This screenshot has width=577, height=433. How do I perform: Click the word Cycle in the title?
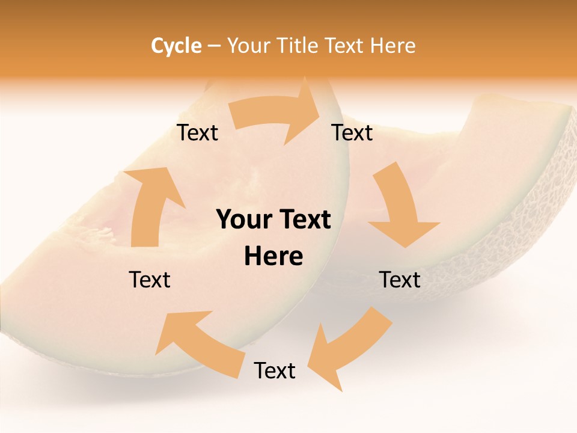point(176,46)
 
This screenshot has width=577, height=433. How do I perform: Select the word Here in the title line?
point(392,46)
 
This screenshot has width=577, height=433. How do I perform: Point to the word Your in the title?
point(248,46)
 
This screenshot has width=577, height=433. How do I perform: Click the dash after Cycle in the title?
point(214,46)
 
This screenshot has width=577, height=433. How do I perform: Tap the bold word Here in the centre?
point(273,257)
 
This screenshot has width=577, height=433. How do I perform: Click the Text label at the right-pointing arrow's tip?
point(352,133)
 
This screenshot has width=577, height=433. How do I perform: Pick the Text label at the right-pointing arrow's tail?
point(197,133)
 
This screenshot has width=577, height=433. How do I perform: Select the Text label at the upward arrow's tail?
point(150,280)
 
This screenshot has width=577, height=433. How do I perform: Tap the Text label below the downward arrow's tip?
point(400,280)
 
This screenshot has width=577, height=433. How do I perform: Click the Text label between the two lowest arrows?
point(275,370)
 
